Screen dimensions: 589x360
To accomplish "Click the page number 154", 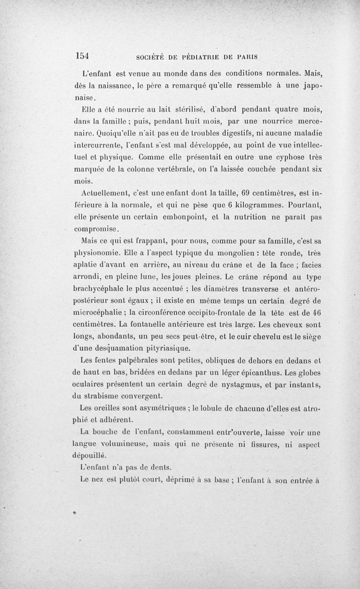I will (83, 55).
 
